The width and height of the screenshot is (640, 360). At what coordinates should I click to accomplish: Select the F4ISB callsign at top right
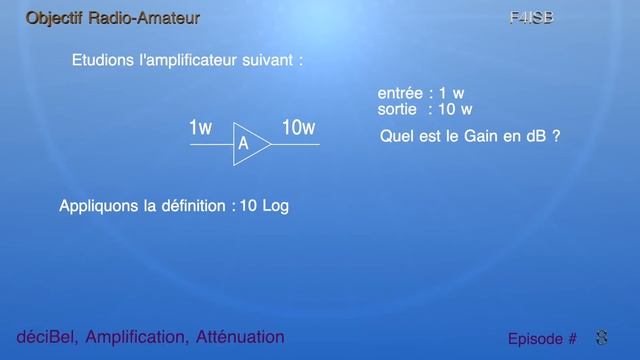click(x=531, y=18)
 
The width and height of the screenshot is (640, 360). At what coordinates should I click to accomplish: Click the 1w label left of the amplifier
click(x=200, y=128)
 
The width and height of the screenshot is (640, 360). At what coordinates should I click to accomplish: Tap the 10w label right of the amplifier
click(x=298, y=127)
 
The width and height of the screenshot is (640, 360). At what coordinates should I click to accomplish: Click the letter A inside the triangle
click(x=243, y=145)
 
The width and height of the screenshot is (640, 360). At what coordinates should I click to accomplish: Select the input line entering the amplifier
click(x=211, y=144)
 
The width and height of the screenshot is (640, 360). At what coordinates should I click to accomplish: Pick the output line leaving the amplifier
click(x=295, y=144)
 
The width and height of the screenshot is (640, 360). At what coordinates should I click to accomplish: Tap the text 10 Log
click(x=264, y=207)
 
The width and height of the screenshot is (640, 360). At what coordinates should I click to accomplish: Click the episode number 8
click(x=601, y=338)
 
